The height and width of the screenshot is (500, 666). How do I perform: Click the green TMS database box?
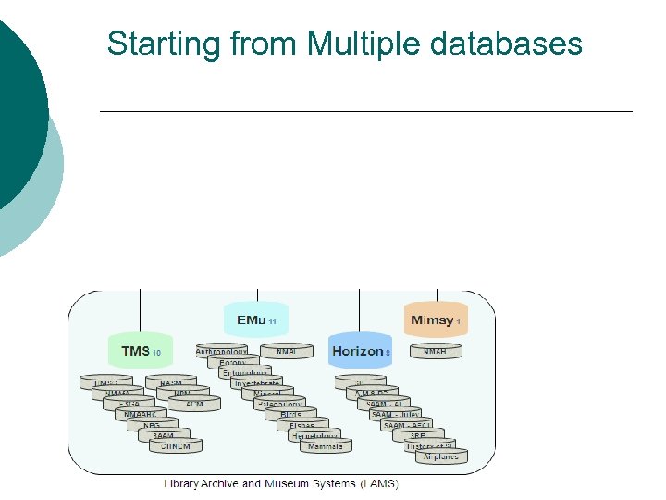point(140,351)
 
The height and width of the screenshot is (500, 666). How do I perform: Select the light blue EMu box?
point(254,320)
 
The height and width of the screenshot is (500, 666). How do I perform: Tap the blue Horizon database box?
point(361,351)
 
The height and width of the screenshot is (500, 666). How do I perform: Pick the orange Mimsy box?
point(436,320)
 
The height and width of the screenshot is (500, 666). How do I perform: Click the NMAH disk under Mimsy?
point(435,353)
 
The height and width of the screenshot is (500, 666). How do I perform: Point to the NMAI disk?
point(286,353)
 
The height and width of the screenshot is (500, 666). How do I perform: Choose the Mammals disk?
point(325,447)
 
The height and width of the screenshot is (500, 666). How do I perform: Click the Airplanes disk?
point(441,456)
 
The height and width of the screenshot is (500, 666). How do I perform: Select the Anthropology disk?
point(222,353)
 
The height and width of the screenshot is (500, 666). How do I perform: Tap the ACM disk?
point(194,404)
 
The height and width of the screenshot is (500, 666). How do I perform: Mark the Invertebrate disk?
point(256,383)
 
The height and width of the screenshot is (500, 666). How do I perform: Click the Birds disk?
point(290,415)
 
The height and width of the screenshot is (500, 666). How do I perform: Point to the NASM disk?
point(170,382)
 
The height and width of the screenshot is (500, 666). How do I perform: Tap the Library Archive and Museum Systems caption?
point(280,483)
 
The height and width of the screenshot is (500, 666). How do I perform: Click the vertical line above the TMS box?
point(140,310)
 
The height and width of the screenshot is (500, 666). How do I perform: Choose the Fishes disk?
point(302,426)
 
